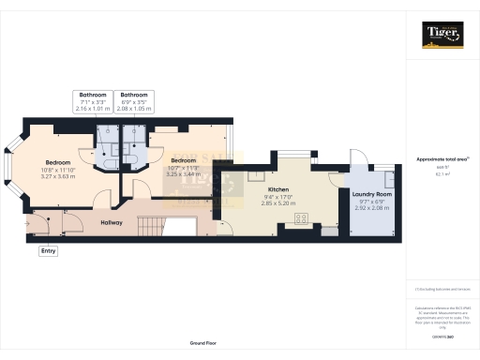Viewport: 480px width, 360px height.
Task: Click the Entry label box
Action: coord(47,250)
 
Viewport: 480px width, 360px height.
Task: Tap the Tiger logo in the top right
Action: coord(443,35)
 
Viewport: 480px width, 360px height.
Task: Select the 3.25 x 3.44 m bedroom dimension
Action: coord(183,174)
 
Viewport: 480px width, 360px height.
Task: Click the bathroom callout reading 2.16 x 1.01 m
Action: coord(92,109)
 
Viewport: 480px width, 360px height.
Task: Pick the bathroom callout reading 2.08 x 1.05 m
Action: coord(133,109)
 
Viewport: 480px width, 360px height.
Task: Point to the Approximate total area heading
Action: coord(442,159)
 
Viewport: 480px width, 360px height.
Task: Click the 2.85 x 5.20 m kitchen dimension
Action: coord(280,203)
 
